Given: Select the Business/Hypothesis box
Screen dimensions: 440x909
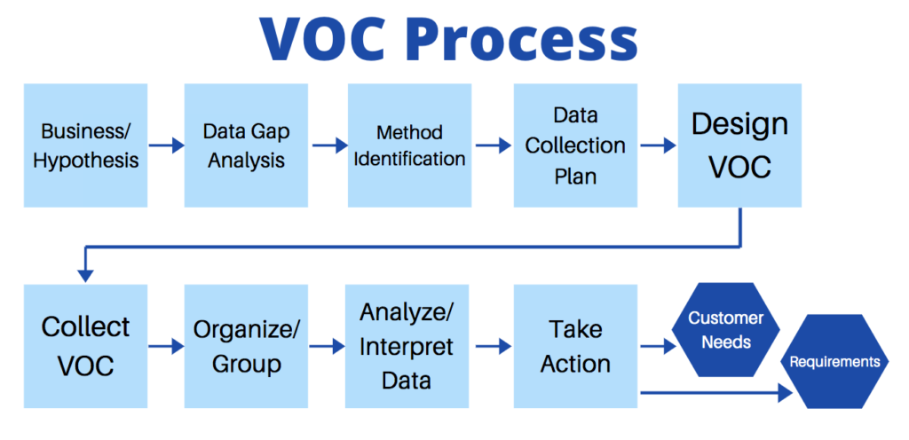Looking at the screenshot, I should [85, 145].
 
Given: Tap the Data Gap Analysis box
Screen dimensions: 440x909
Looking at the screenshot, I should [246, 145].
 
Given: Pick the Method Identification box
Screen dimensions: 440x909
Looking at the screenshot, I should [409, 145].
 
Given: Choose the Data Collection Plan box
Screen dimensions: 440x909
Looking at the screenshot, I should [575, 145].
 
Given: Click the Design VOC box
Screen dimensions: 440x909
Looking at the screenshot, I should [739, 145].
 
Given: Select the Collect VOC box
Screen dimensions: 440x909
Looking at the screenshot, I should [85, 346].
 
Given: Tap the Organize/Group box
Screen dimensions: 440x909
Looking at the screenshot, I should [246, 346].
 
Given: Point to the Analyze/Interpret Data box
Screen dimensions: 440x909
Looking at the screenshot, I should [409, 346].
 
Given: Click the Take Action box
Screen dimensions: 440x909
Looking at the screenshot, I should [575, 346].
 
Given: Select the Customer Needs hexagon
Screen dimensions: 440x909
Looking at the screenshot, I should [726, 329].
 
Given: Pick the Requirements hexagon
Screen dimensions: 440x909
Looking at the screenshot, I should [834, 362].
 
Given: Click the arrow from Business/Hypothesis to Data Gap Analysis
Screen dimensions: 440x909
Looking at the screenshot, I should [166, 145].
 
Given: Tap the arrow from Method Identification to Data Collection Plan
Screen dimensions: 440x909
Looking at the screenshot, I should [492, 145].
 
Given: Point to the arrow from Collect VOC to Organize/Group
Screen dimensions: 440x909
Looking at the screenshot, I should [166, 347].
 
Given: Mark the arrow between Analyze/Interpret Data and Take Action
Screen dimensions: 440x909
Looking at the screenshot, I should [492, 347].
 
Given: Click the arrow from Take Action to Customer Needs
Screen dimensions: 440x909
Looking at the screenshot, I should [658, 347].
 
